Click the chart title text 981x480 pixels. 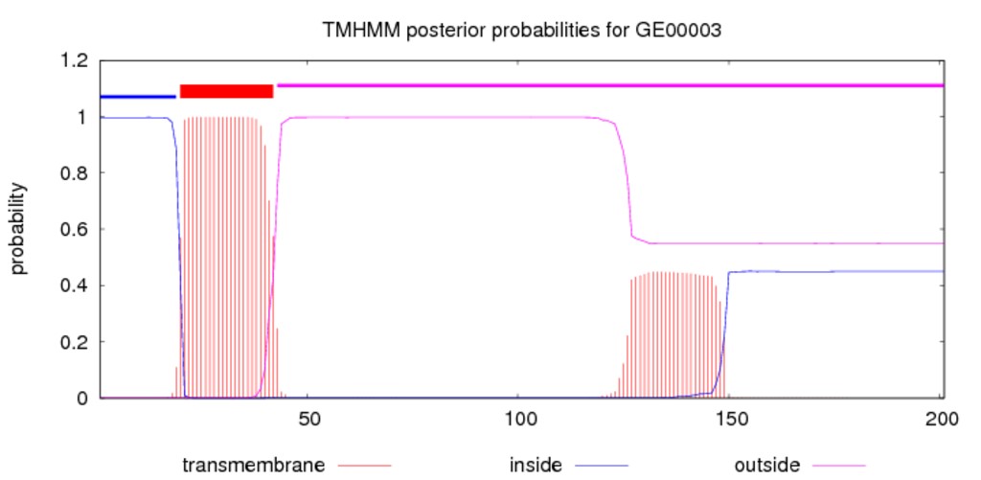(522, 30)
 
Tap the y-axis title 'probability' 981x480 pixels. (19, 229)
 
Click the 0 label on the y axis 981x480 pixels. (83, 399)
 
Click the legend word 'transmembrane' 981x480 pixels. (253, 466)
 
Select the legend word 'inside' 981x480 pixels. (536, 466)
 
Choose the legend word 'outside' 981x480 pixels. (767, 466)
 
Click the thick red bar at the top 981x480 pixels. (226, 91)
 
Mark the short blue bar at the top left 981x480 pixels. (138, 97)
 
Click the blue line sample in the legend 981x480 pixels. (602, 466)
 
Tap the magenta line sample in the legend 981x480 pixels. (839, 466)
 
